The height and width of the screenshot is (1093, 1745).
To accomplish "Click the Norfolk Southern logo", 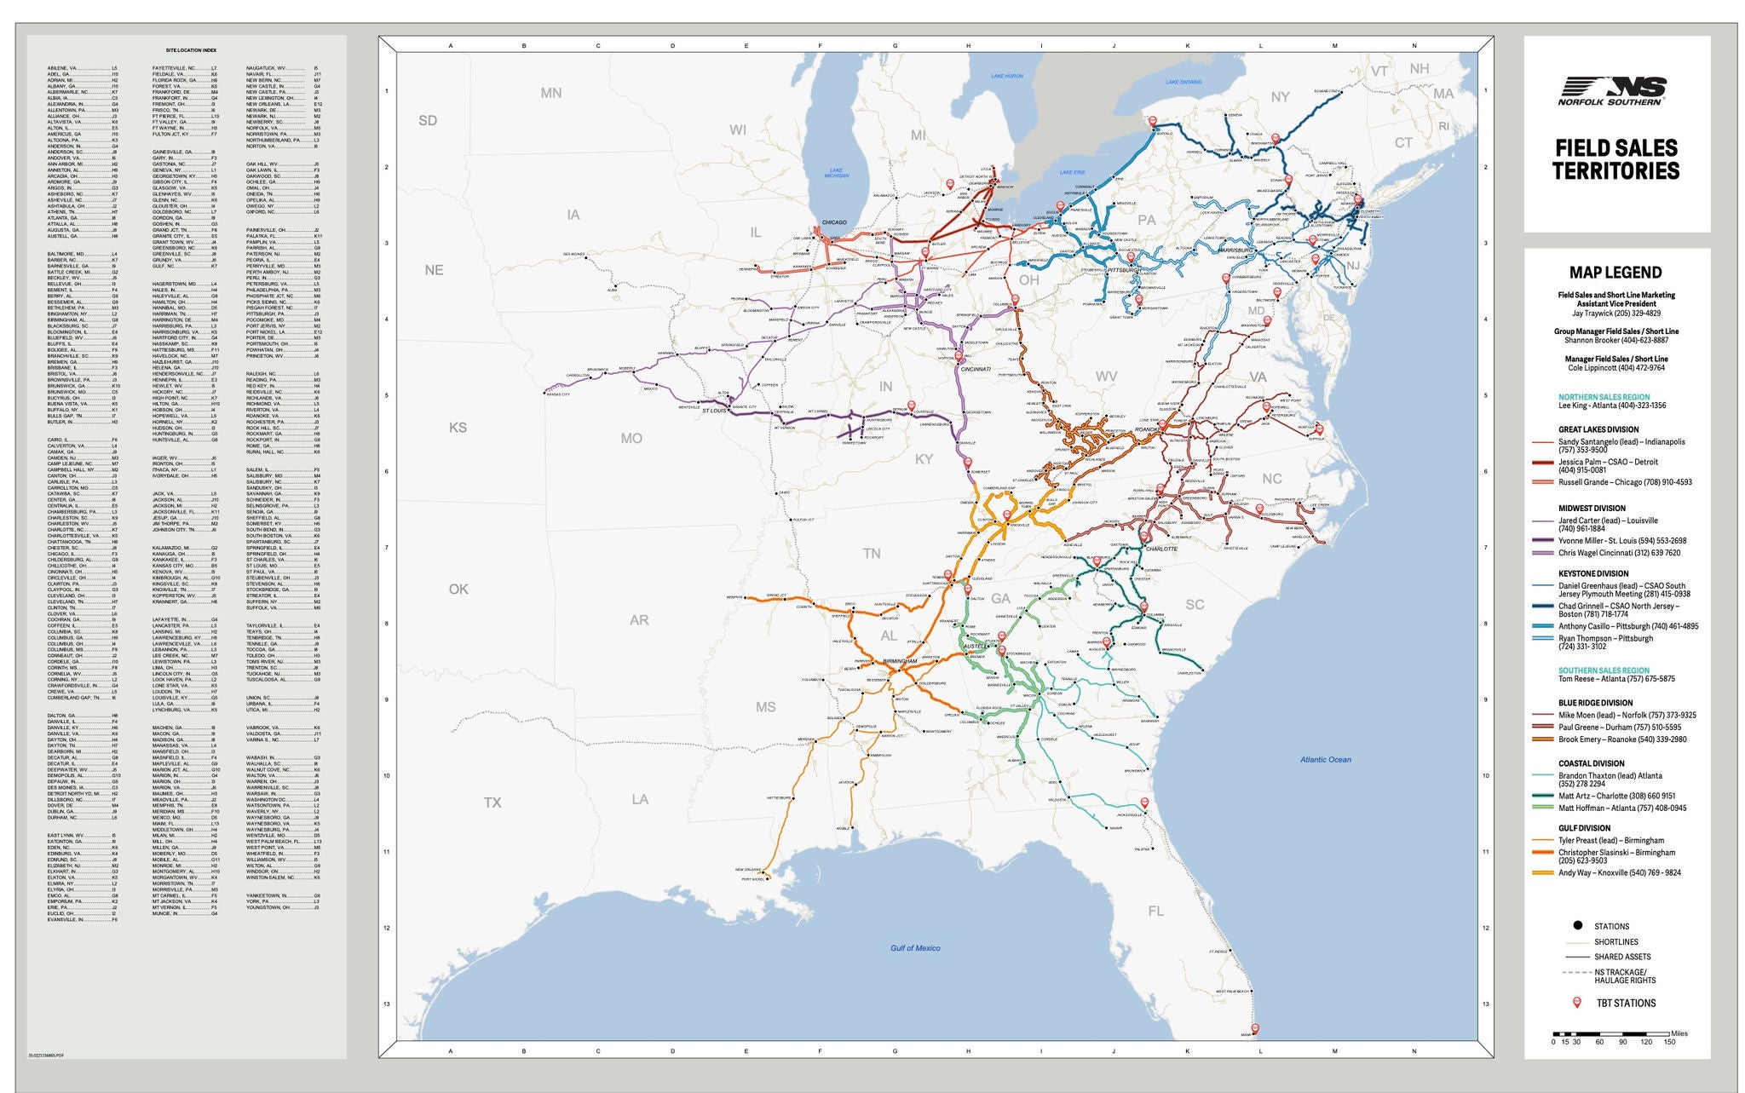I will pos(1613,90).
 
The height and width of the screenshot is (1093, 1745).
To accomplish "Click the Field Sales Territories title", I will pos(1615,160).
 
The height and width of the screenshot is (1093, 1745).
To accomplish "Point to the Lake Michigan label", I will pos(837,173).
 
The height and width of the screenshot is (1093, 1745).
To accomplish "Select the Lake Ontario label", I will pos(1183,82).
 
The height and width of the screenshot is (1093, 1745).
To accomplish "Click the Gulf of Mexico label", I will pos(915,948).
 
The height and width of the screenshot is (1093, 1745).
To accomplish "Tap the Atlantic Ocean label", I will pos(1325,759).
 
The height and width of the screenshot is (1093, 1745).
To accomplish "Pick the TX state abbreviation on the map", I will pos(492,802).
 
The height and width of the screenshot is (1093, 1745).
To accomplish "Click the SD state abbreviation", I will pos(428,121).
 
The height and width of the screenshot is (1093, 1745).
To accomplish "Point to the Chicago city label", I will pos(834,222).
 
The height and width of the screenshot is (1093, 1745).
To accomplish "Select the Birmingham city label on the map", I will pos(900,661).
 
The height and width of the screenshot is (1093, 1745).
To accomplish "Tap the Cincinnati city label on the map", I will pos(976,370).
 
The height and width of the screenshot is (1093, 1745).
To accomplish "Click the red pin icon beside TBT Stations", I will pos(1576,1003).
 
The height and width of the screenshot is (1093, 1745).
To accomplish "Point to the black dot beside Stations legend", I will pos(1577,926).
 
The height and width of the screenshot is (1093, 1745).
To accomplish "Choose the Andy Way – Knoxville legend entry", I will pos(1619,872).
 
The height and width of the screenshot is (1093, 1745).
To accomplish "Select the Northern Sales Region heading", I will pos(1604,397).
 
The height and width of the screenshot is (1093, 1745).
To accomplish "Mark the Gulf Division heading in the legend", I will pos(1584,828).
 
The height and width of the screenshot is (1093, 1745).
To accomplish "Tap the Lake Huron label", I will pos(1006,77).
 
